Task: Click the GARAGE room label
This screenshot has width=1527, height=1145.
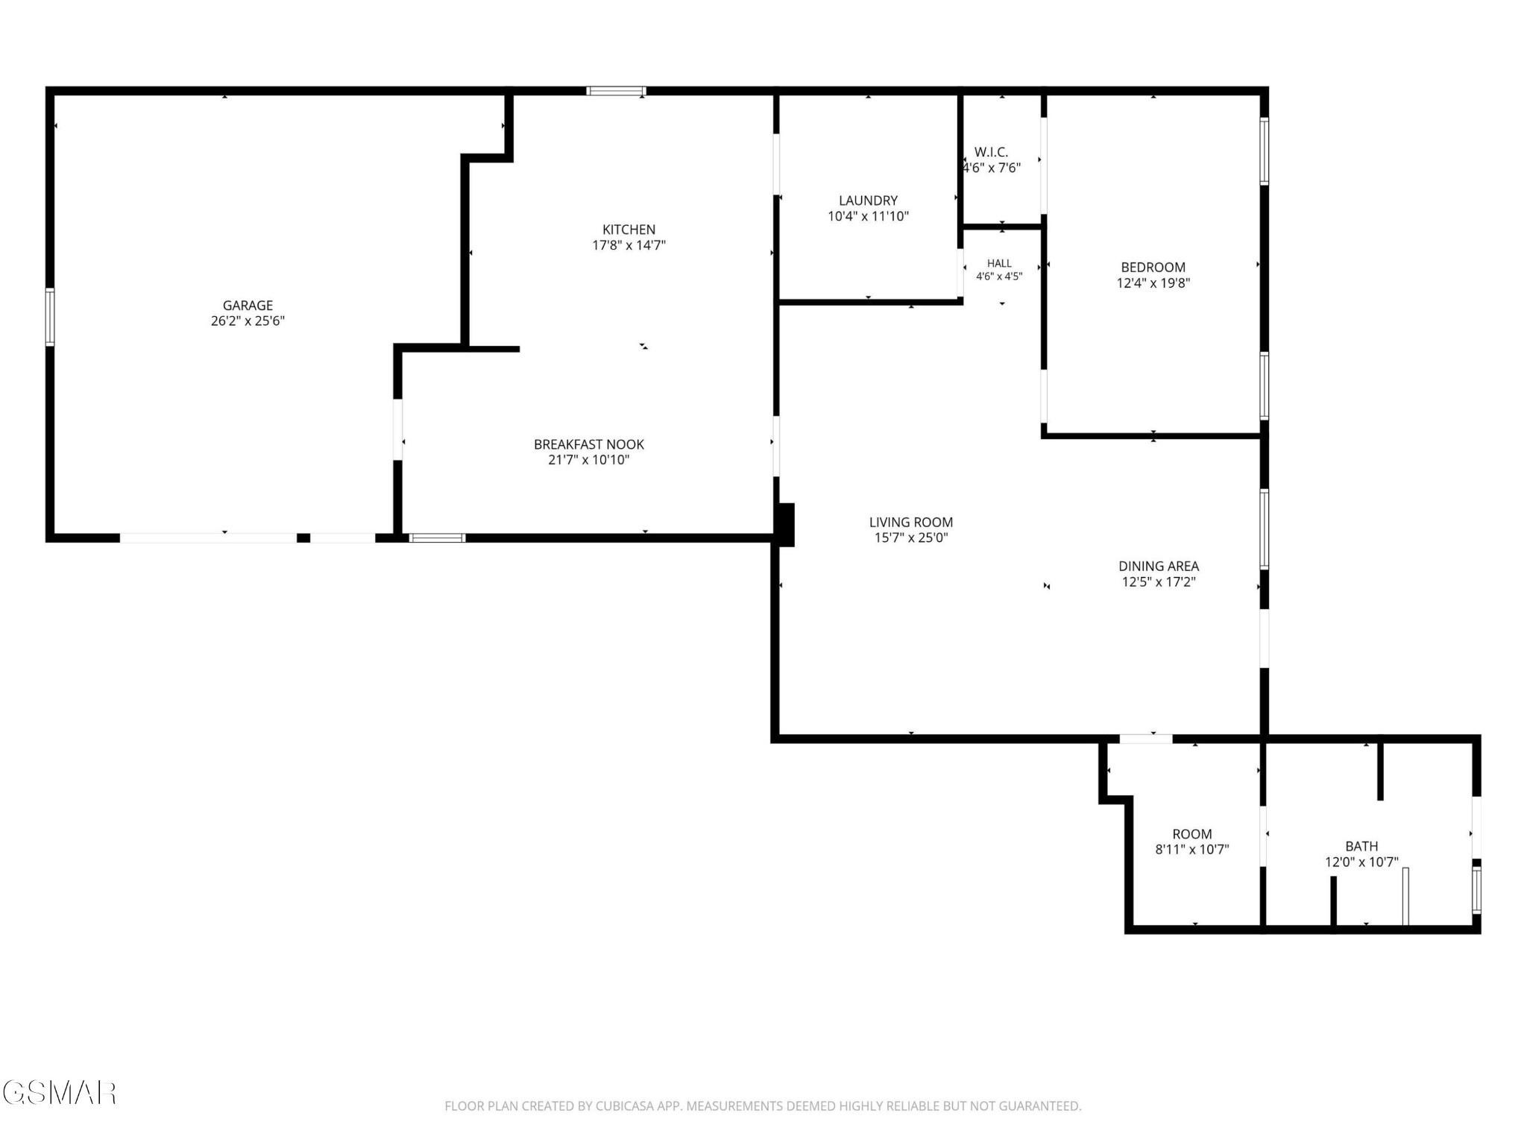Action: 248,305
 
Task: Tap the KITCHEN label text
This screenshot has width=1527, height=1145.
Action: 629,230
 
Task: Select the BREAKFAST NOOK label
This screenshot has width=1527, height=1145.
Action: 589,444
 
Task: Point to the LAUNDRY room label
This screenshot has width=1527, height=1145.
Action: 868,201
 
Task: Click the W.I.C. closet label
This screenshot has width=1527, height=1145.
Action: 991,152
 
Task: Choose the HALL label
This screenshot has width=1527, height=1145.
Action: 999,263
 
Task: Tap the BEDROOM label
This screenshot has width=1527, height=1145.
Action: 1153,267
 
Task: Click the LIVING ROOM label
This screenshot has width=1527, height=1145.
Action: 911,523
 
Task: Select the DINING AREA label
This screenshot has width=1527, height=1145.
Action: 1159,567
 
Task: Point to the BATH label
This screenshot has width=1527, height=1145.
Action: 1361,846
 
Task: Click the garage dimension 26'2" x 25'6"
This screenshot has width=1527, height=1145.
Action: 248,321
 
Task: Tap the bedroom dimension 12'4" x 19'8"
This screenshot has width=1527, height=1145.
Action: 1153,283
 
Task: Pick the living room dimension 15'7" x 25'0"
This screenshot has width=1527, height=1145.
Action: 911,538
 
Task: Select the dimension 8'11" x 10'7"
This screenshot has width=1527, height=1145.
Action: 1192,849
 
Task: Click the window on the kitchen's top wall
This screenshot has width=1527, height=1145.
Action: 616,91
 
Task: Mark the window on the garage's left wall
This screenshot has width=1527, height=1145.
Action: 50,317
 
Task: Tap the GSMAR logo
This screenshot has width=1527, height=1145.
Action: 59,1093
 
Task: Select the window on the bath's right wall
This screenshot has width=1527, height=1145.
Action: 1476,889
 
